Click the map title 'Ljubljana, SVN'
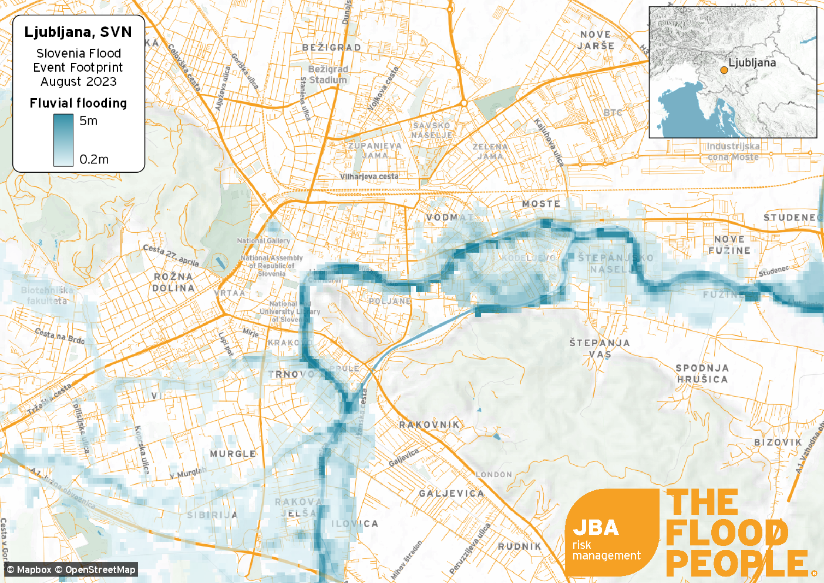[78, 32]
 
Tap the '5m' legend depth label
[89, 121]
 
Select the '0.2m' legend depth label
[94, 159]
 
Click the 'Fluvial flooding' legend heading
[78, 103]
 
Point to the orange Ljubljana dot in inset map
[724, 70]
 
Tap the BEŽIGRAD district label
[331, 48]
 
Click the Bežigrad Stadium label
[328, 75]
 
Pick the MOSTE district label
[541, 204]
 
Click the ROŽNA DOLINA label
[173, 282]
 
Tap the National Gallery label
[263, 241]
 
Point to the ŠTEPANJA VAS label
[600, 348]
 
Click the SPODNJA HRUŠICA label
[702, 373]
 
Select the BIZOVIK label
[778, 443]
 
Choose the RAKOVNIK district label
[429, 425]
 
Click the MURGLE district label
[233, 454]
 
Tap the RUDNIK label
[520, 547]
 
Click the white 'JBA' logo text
[596, 528]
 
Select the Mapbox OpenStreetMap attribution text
[71, 569]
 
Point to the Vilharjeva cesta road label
[369, 176]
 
